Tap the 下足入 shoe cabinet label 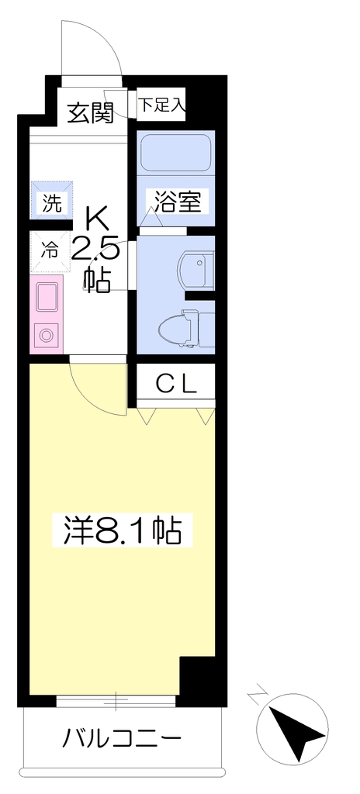(161, 105)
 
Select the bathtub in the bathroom (175, 153)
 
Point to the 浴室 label (177, 202)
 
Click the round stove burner (46, 336)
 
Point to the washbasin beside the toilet (196, 268)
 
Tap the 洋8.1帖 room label (122, 530)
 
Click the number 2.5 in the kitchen (96, 250)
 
